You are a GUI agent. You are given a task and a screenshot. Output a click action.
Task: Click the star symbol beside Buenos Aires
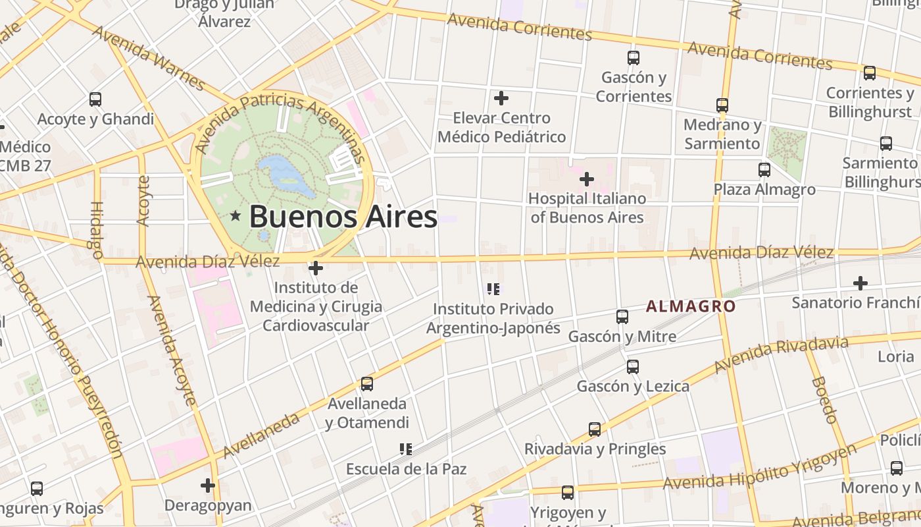point(235,215)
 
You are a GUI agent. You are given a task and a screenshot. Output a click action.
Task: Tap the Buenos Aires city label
point(343,216)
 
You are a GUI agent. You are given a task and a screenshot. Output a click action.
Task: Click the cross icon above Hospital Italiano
point(586,179)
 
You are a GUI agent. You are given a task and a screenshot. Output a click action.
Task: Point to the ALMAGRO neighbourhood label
point(691,306)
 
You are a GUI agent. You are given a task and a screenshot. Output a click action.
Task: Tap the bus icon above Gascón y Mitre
point(622,317)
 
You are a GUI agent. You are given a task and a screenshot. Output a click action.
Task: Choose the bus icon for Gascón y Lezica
point(633,367)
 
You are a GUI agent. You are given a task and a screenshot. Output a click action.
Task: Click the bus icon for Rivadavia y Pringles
point(595,430)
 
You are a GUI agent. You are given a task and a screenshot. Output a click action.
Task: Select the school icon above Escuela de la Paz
point(406,449)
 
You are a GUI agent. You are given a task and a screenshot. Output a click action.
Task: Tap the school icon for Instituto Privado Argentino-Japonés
point(493,289)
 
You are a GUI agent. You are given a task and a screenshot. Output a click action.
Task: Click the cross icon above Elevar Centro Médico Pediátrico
point(501,98)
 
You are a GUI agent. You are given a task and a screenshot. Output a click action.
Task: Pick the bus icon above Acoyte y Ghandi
point(95,99)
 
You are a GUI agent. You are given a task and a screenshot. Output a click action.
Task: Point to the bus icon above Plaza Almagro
point(764,170)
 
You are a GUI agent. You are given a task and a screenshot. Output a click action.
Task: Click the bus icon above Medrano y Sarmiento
point(722,105)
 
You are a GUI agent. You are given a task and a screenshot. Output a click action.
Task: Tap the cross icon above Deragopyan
point(208,485)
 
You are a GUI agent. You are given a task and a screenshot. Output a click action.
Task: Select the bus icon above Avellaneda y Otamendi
point(367,383)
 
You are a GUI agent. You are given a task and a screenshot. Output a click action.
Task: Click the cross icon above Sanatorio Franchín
point(860,283)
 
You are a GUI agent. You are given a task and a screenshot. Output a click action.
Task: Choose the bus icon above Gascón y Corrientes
point(634,58)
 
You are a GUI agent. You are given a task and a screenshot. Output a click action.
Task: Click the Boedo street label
point(824,399)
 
